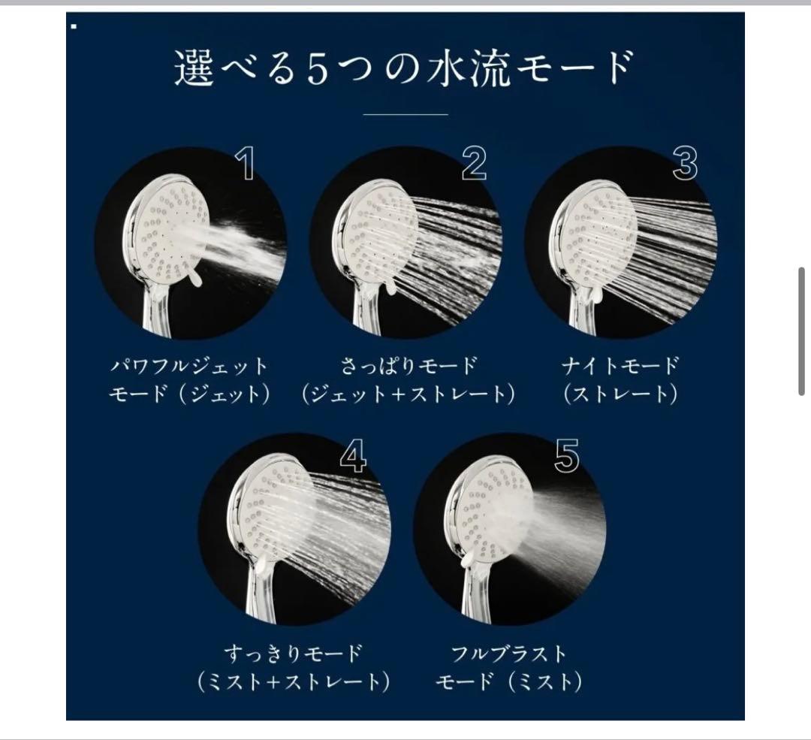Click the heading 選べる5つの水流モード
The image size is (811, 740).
pyautogui.click(x=405, y=68)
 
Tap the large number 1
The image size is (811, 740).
pyautogui.click(x=245, y=164)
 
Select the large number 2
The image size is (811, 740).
pyautogui.click(x=473, y=164)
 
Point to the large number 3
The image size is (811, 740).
pyautogui.click(x=685, y=164)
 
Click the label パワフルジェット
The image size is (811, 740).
pyautogui.click(x=188, y=367)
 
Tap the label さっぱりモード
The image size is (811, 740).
pyautogui.click(x=408, y=367)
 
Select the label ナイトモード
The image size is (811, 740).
pyautogui.click(x=620, y=367)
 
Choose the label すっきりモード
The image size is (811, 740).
pyautogui.click(x=293, y=653)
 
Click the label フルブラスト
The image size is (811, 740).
pyautogui.click(x=509, y=653)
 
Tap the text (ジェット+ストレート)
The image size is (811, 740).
pyautogui.click(x=408, y=394)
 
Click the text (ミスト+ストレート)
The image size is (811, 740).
pyautogui.click(x=293, y=681)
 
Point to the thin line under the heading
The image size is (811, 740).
pyautogui.click(x=405, y=114)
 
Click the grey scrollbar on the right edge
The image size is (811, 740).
pyautogui.click(x=802, y=331)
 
